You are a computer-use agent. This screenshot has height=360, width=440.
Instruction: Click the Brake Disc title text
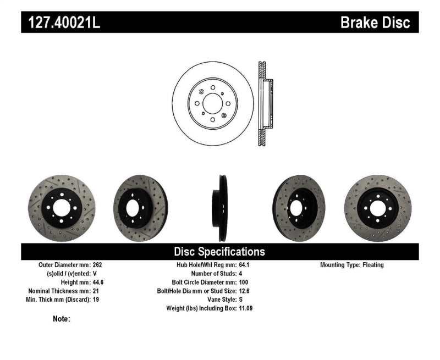pyautogui.click(x=375, y=23)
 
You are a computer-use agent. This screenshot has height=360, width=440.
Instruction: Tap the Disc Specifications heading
pyautogui.click(x=219, y=252)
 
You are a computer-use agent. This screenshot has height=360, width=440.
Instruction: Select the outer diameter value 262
pyautogui.click(x=98, y=265)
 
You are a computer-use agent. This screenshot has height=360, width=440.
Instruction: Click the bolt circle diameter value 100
pyautogui.click(x=243, y=282)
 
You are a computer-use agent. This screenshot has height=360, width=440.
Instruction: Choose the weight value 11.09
pyautogui.click(x=246, y=308)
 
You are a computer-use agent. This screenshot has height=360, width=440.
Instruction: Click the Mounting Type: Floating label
pyautogui.click(x=352, y=265)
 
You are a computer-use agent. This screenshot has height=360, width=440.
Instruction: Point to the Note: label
pyautogui.click(x=62, y=319)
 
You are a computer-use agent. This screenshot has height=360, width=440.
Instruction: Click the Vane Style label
pyautogui.click(x=219, y=300)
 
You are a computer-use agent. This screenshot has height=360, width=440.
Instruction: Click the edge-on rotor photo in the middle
pyautogui.click(x=221, y=208)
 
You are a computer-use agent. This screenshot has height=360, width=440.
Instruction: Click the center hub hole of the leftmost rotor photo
pyautogui.click(x=62, y=208)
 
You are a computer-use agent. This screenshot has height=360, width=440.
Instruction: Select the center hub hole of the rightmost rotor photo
pyautogui.click(x=377, y=208)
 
